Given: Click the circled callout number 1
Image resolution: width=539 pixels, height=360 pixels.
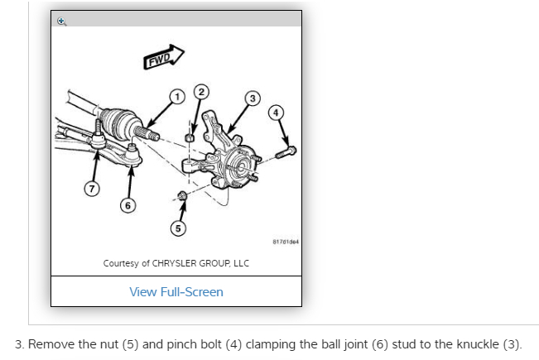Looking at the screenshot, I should click(x=176, y=98).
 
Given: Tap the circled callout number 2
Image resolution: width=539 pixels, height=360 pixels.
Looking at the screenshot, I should click(x=200, y=89).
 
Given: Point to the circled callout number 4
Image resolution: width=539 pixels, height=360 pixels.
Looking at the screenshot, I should click(x=277, y=111).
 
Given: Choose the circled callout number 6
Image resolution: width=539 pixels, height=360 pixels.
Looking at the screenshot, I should click(x=127, y=204).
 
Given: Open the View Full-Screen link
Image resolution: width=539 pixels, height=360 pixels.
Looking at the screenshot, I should click(x=176, y=291).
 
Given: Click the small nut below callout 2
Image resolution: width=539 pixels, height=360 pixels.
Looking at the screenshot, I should click(x=189, y=137).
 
